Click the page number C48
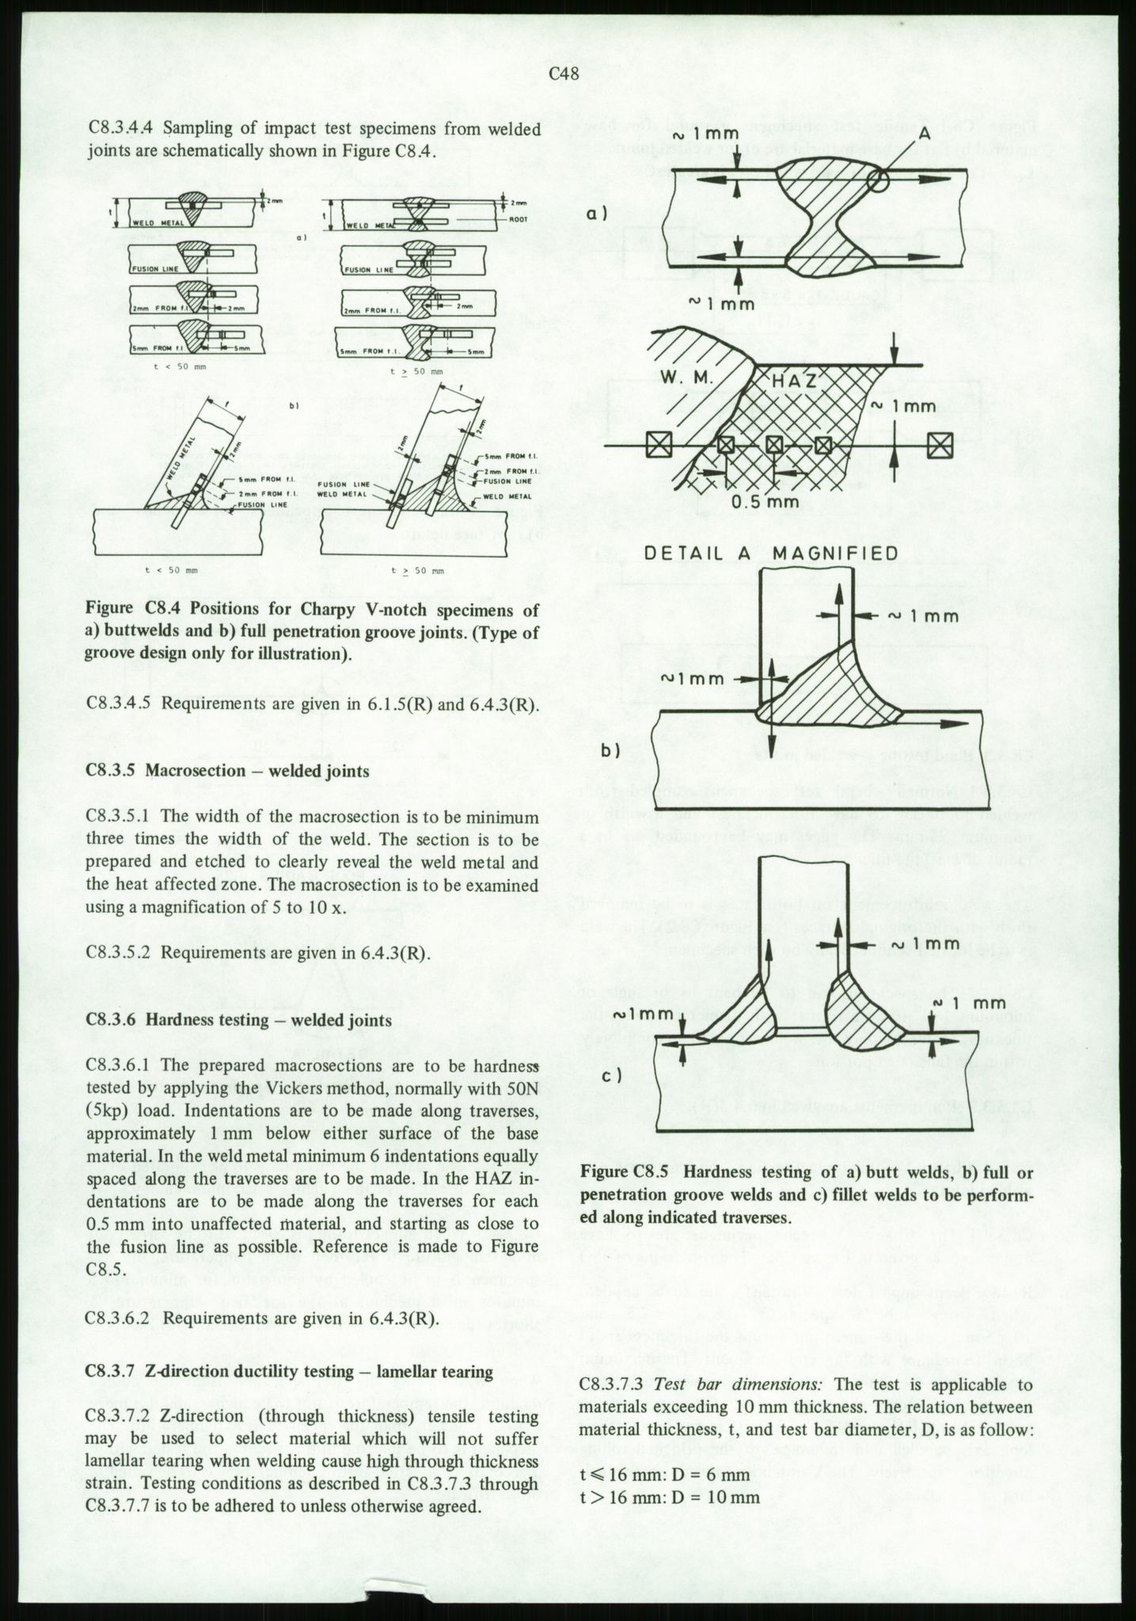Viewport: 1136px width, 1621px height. [x=564, y=74]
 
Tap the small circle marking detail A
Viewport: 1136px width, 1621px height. [x=876, y=180]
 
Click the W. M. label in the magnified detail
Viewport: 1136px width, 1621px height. [x=688, y=379]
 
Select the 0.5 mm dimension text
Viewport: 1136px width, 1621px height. [x=765, y=502]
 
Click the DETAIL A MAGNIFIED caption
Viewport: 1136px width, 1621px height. [x=771, y=552]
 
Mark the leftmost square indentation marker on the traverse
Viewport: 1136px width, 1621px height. [x=656, y=446]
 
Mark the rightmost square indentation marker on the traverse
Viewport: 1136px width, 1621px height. [x=940, y=446]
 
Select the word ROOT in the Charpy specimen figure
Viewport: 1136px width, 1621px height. [x=519, y=219]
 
